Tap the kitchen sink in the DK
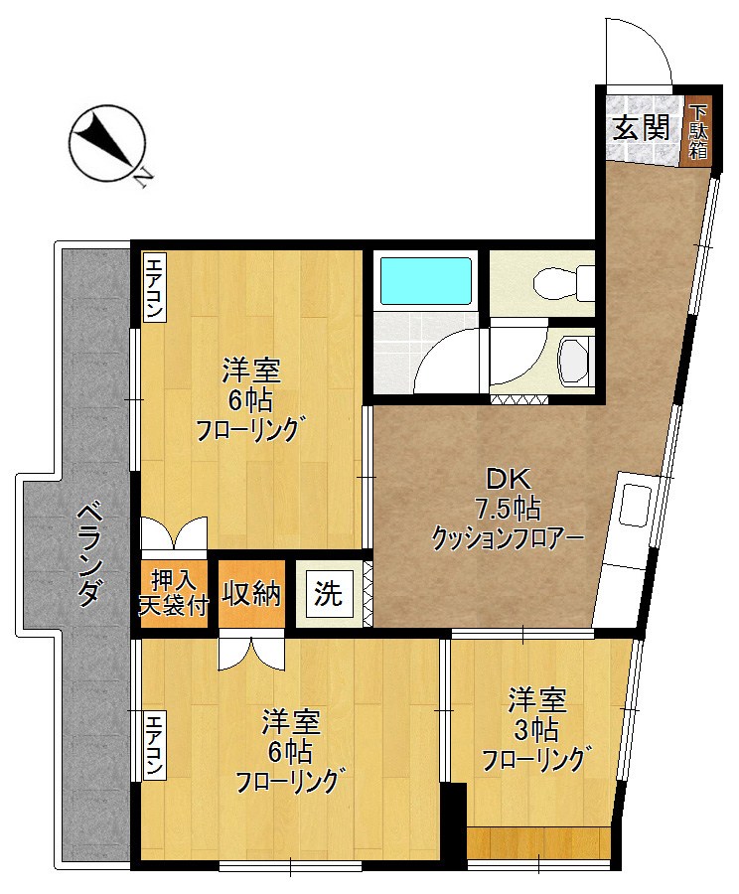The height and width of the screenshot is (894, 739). [x=632, y=506]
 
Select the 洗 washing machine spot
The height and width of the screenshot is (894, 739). [x=328, y=594]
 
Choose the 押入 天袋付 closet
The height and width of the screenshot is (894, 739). [x=175, y=592]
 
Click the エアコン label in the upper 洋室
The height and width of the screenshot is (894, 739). [x=155, y=288]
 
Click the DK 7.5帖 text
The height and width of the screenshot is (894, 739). [x=507, y=495]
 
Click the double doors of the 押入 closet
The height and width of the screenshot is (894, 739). [x=175, y=533]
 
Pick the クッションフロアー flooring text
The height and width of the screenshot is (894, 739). [x=507, y=537]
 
